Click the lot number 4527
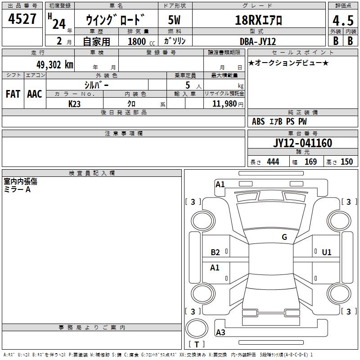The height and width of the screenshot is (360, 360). coord(22,19)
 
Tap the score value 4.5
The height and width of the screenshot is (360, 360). coord(343,21)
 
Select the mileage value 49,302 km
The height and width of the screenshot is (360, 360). coord(54,65)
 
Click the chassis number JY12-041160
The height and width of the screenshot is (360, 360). coord(302,143)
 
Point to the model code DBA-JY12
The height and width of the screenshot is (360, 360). coord(257,41)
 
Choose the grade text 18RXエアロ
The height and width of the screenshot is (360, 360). coord(258,20)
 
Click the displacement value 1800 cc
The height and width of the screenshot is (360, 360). coord(141,41)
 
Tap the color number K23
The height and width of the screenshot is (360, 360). coord(74,104)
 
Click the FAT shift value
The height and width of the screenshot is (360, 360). coord(13,94)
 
